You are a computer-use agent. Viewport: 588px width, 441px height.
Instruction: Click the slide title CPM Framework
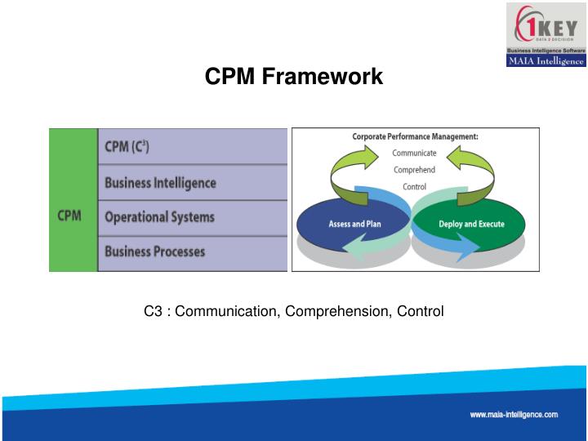pos(293,77)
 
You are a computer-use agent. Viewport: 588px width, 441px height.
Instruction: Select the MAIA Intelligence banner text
pos(546,60)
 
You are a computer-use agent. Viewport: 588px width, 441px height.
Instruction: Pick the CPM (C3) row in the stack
pos(193,147)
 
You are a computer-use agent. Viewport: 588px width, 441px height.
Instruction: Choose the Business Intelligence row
pos(193,182)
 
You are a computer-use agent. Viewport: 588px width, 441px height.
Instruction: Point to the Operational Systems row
pos(193,217)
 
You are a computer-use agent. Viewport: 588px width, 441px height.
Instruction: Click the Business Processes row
pos(193,252)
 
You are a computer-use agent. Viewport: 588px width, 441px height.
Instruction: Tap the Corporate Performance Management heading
pos(415,137)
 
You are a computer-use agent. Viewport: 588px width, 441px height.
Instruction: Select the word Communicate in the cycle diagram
pos(415,153)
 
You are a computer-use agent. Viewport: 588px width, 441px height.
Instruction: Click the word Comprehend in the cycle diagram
pos(415,170)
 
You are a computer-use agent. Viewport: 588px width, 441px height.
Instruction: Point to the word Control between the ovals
pos(415,186)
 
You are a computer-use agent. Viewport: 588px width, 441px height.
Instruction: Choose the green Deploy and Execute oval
pos(471,224)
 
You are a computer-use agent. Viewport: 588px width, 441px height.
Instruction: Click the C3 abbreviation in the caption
pos(152,311)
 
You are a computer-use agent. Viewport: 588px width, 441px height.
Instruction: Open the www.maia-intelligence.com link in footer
pos(514,415)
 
